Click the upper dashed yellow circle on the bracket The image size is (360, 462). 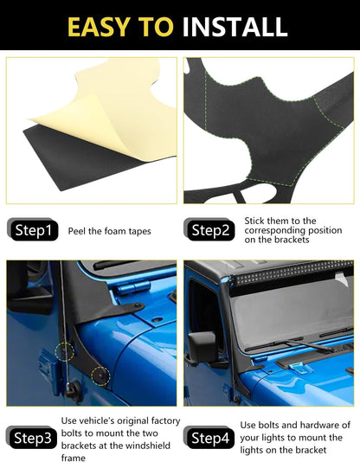coord(66,352)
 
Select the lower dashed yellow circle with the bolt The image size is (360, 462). coord(100,375)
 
